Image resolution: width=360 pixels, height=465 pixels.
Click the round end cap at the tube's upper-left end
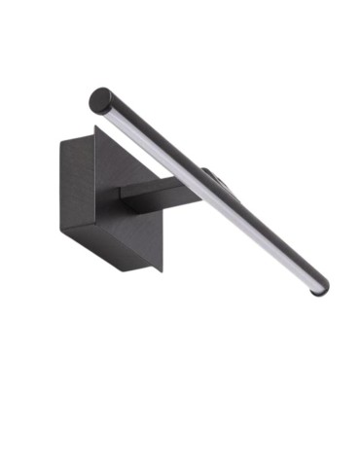[100, 98]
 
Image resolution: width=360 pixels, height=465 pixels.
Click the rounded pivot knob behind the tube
[211, 179]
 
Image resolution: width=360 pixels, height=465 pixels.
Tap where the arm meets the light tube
[191, 185]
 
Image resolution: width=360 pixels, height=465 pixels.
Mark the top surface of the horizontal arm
[156, 188]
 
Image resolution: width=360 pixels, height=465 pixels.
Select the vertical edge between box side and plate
[95, 195]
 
